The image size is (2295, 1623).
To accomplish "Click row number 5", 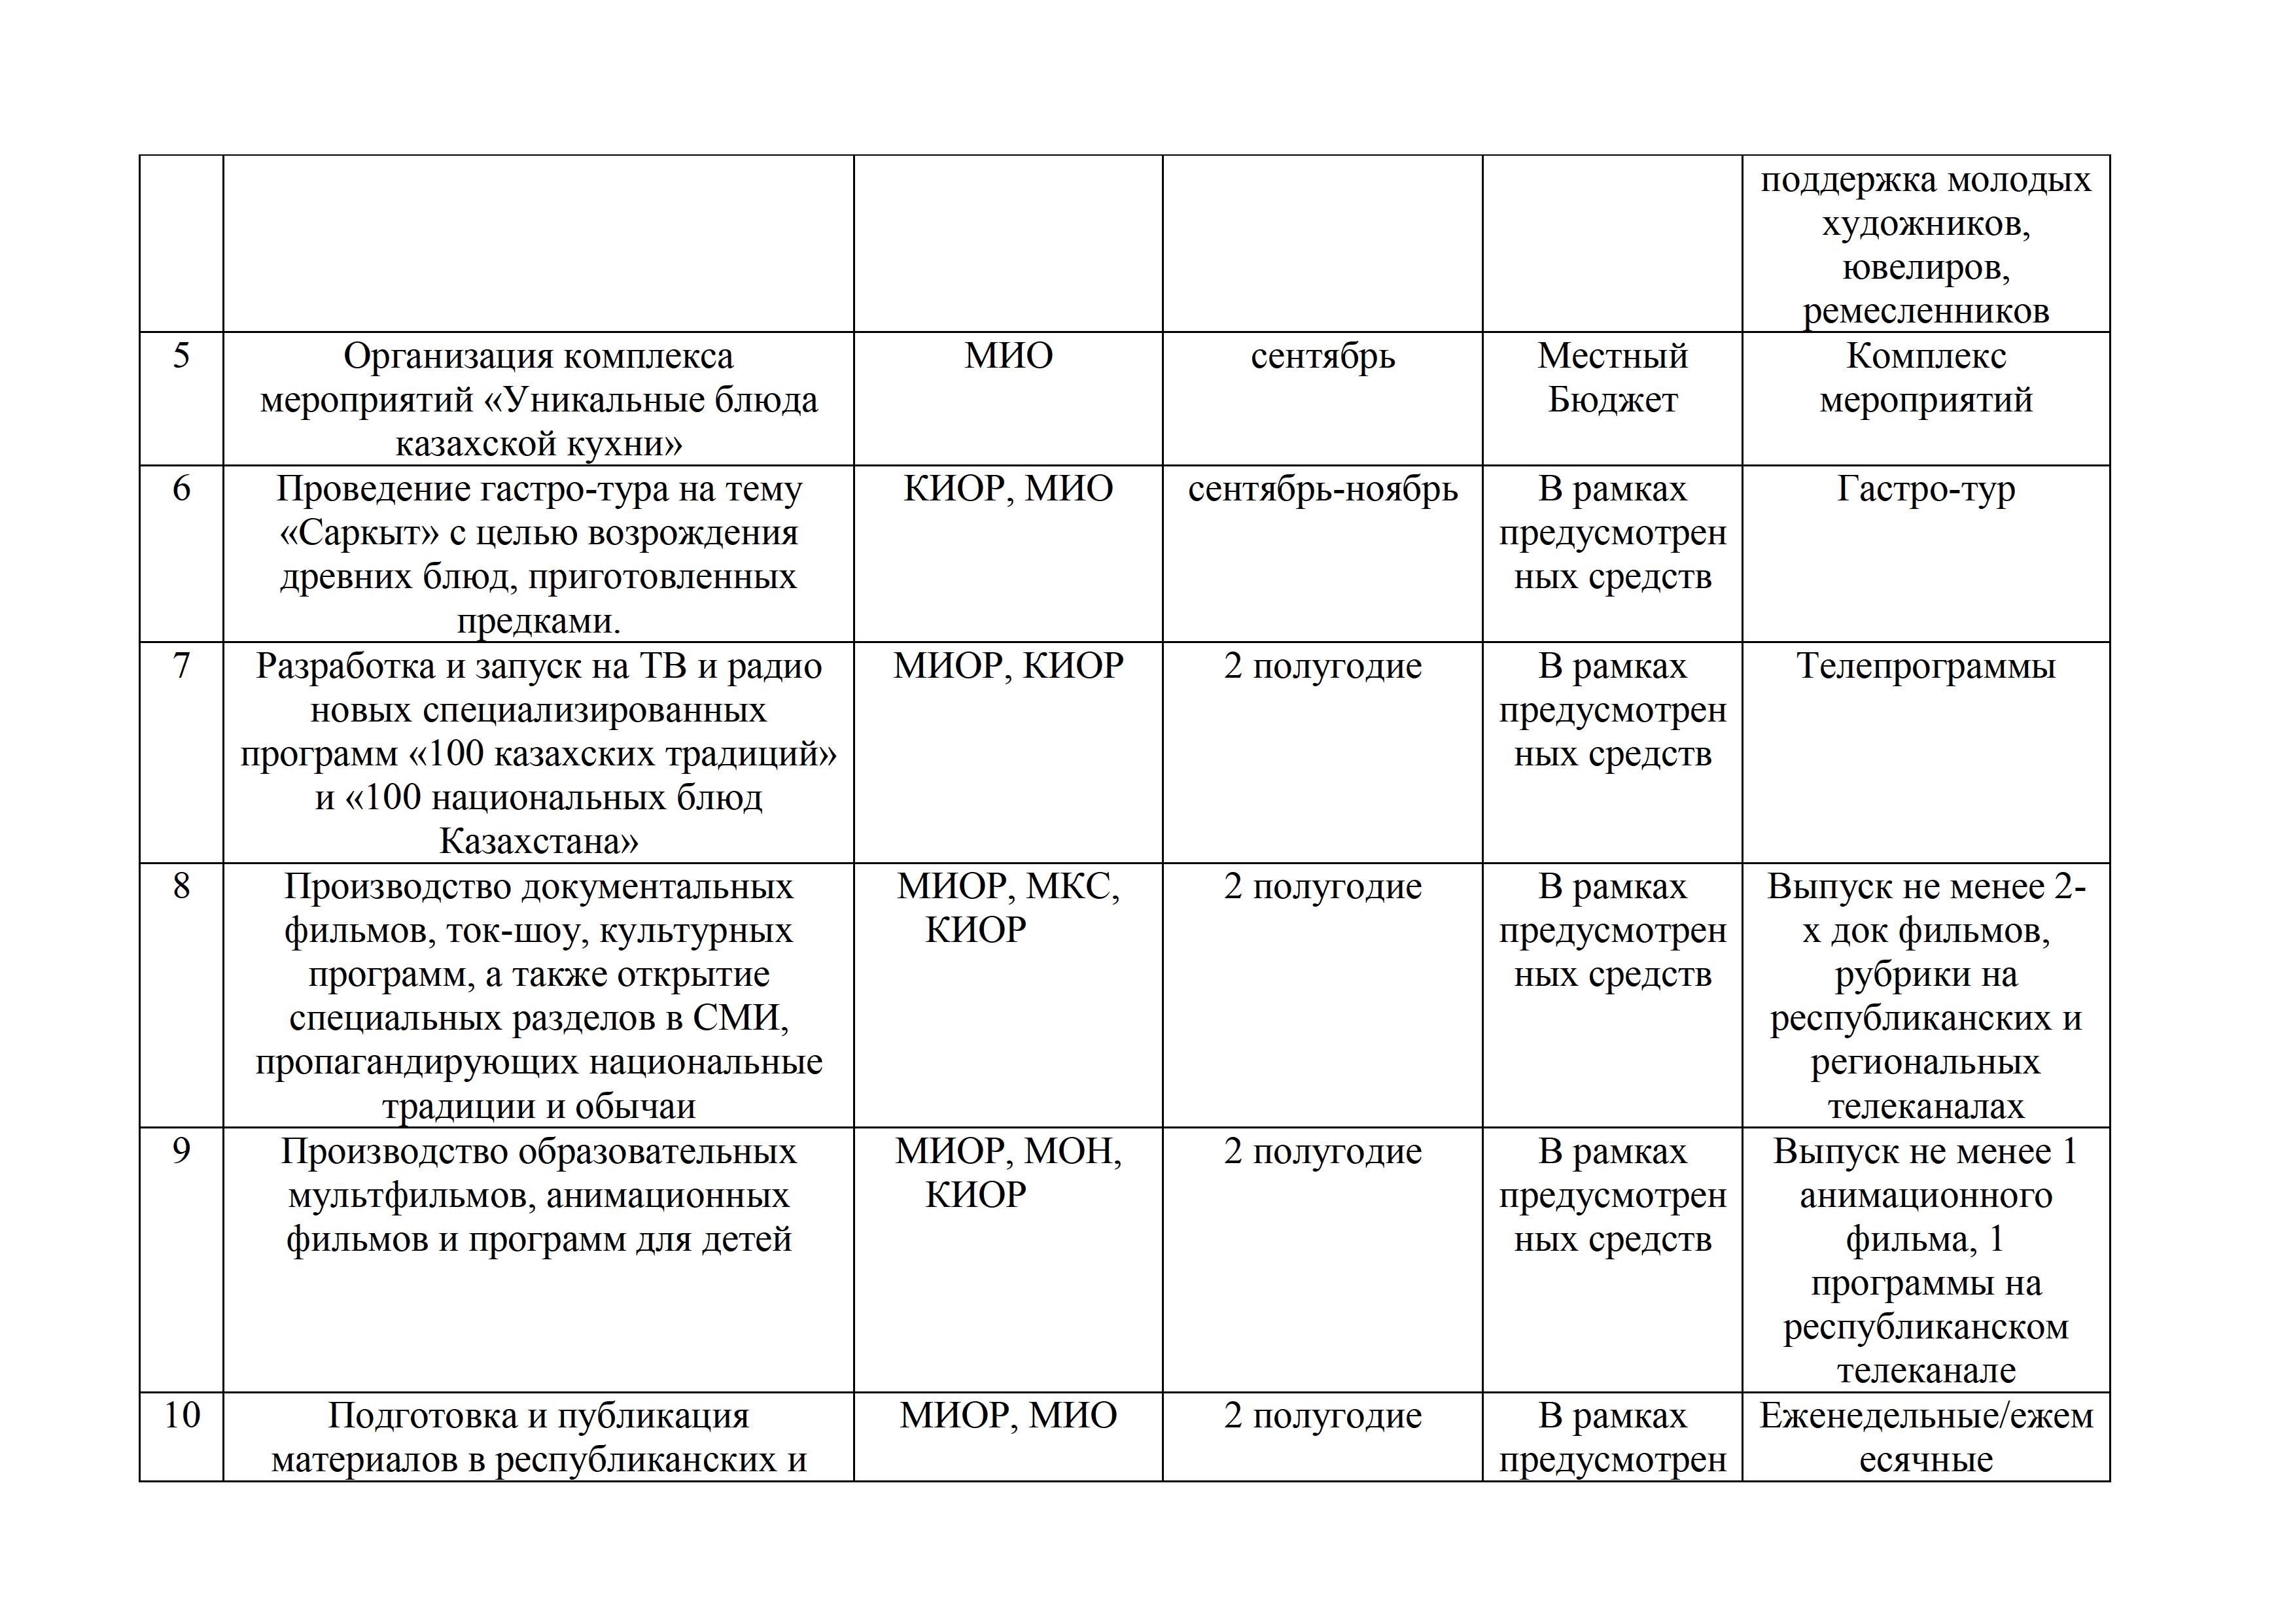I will pos(181,357).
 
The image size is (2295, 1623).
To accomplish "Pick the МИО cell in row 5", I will pos(1007,357).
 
